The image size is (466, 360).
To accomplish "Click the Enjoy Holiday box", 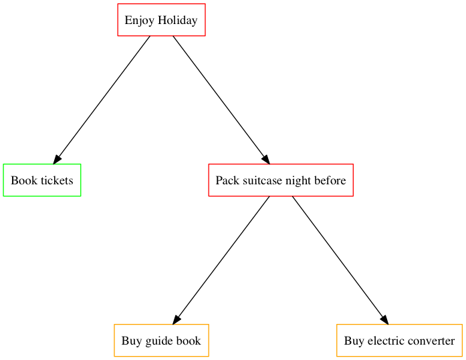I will [161, 20].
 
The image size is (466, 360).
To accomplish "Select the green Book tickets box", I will [42, 180].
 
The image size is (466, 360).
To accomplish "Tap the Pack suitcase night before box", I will [281, 180].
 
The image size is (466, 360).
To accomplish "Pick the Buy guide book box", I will [161, 341].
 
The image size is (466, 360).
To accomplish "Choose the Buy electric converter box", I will [399, 341].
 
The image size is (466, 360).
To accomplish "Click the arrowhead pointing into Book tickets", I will [57, 159].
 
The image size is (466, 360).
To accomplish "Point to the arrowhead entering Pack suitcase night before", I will [265, 159].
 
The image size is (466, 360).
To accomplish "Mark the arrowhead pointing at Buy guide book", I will [177, 319].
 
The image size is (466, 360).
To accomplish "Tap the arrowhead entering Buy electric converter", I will [384, 319].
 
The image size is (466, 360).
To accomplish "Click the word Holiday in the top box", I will [178, 20].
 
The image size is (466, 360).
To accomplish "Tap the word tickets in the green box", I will [57, 180].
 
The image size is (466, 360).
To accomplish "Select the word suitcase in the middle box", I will [262, 180].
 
